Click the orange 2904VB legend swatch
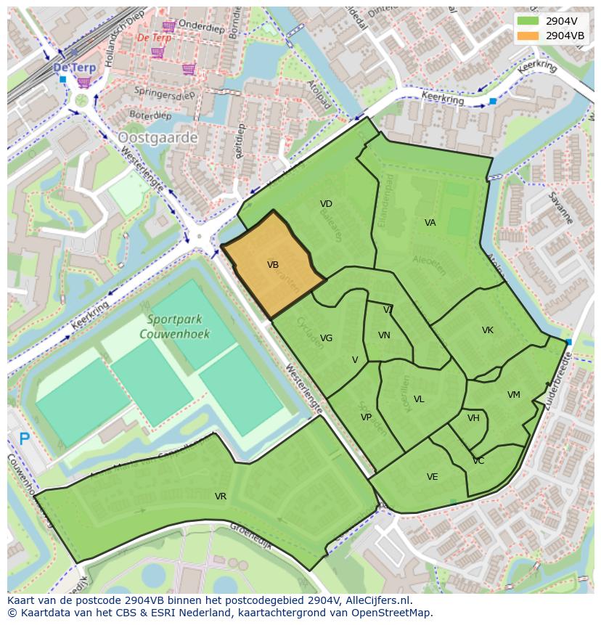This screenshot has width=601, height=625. tap(529, 36)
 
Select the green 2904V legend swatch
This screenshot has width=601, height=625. tap(529, 21)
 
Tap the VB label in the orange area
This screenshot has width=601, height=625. tap(273, 265)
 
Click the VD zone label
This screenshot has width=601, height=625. tap(326, 204)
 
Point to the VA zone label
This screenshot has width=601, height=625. tap(430, 223)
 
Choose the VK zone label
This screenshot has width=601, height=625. tap(488, 330)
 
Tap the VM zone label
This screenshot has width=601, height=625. tap(514, 395)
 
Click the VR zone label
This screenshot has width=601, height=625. tap(221, 497)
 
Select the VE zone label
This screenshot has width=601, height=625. tap(433, 477)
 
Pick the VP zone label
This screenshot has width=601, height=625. tap(367, 417)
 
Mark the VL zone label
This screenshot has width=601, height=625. tap(419, 399)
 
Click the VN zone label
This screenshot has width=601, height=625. tap(385, 335)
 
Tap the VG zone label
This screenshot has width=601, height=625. tap(327, 338)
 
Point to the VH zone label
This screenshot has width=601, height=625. tap(473, 418)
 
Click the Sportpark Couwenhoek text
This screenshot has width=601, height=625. tap(178, 327)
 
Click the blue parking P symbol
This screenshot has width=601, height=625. tap(24, 438)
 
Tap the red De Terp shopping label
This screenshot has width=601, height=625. tap(154, 38)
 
